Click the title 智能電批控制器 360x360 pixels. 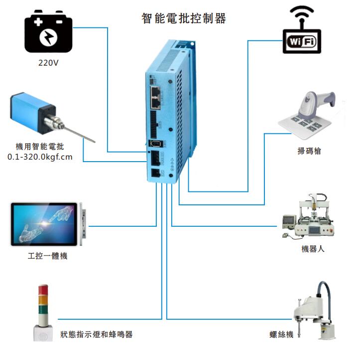[184, 19]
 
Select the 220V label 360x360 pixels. [49, 64]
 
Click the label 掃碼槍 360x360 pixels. [309, 151]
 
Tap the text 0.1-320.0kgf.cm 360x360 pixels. [40, 157]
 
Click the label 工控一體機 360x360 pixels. [47, 256]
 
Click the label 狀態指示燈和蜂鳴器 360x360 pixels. [97, 334]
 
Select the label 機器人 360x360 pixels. [313, 249]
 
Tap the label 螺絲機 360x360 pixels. [281, 335]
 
